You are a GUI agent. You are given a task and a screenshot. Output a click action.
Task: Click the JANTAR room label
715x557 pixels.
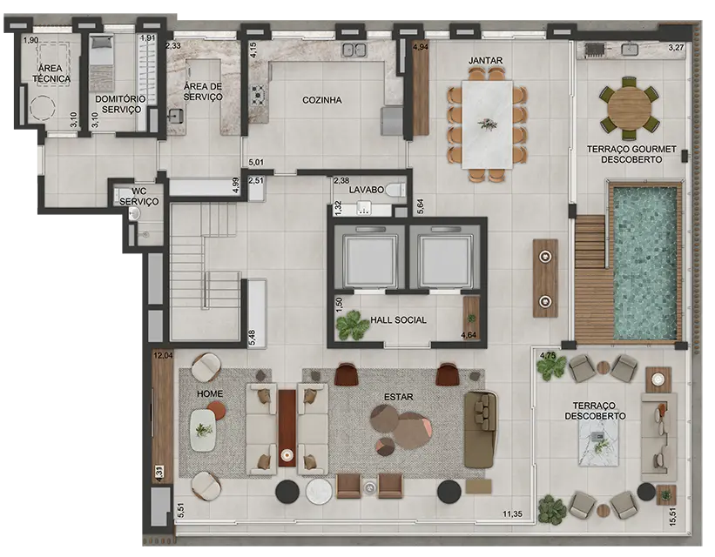pyautogui.click(x=486, y=60)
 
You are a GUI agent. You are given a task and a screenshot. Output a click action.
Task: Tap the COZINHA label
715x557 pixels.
pyautogui.click(x=322, y=100)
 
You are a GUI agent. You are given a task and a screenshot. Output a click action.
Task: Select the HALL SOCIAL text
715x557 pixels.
pyautogui.click(x=398, y=320)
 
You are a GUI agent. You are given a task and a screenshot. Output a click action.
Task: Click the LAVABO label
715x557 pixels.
pyautogui.click(x=366, y=190)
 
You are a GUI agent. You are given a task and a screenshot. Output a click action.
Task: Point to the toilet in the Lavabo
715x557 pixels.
pyautogui.click(x=395, y=190)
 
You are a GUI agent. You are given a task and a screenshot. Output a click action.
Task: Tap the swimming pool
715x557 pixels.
pyautogui.click(x=644, y=264)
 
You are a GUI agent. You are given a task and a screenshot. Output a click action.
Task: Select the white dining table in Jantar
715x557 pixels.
pyautogui.click(x=488, y=124)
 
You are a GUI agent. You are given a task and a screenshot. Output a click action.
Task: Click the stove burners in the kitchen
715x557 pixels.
pyautogui.click(x=260, y=95)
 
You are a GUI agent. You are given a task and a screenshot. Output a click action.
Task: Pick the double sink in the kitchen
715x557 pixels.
pyautogui.click(x=354, y=50)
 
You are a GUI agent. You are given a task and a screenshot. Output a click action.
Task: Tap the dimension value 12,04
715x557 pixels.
pyautogui.click(x=163, y=356)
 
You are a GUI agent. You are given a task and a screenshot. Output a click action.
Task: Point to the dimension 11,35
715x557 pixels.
pyautogui.click(x=512, y=514)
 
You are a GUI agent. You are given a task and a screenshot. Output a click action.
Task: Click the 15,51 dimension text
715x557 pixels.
pyautogui.click(x=673, y=518)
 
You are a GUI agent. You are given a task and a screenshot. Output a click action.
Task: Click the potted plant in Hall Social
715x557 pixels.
pyautogui.click(x=352, y=325)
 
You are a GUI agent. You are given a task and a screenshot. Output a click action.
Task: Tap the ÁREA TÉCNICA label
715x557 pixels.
pyautogui.click(x=51, y=73)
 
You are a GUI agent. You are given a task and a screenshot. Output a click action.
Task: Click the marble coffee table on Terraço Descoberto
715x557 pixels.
pyautogui.click(x=598, y=441)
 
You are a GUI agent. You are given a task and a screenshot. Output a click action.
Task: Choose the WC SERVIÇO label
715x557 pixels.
pyautogui.click(x=139, y=197)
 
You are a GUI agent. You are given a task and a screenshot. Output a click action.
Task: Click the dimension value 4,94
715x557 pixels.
pyautogui.click(x=421, y=46)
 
